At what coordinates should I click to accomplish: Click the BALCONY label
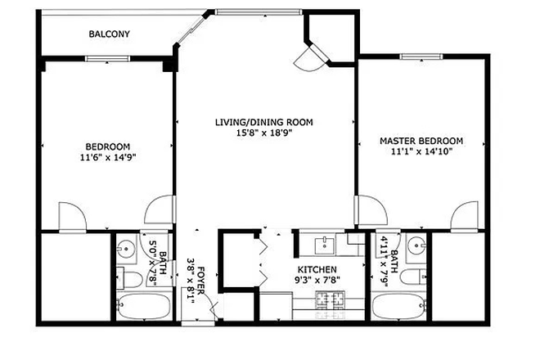(x=110, y=34)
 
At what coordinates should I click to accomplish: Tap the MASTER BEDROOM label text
(x=421, y=141)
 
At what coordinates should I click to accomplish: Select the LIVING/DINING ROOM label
(x=263, y=123)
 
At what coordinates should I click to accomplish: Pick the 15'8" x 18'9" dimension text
(x=263, y=133)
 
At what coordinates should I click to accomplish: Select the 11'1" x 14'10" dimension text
(x=421, y=151)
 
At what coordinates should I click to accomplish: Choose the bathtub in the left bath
(x=144, y=309)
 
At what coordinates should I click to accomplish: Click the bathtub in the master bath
(x=398, y=309)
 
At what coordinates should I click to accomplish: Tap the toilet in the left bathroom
(x=131, y=281)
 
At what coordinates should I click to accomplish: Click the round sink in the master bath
(x=416, y=245)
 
